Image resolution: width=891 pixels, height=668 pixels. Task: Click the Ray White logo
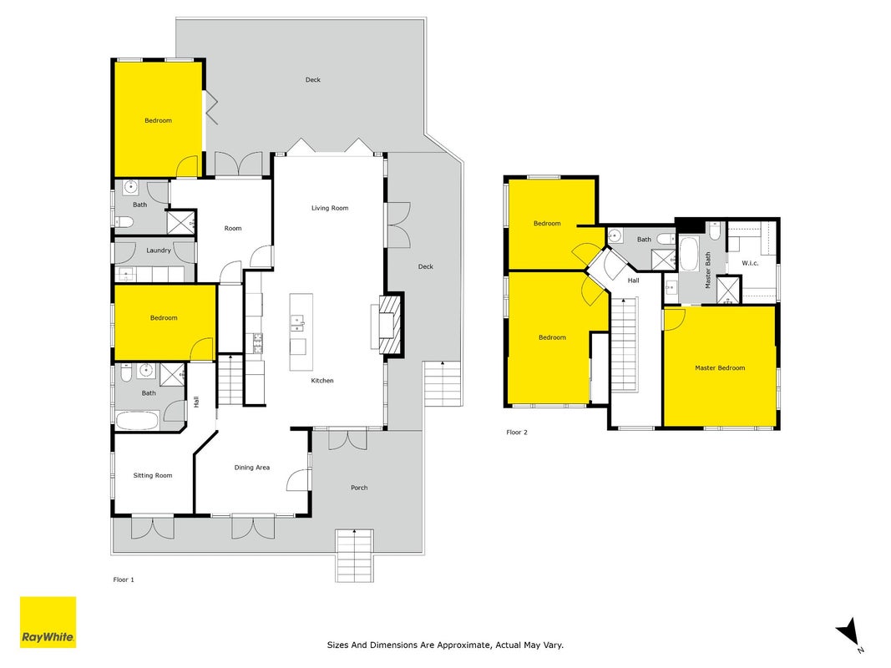coord(48,622)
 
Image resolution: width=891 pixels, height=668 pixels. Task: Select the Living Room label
coord(330,208)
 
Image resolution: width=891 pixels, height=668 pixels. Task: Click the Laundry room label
coord(159,250)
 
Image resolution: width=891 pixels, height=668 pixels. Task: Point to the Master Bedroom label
coord(720,368)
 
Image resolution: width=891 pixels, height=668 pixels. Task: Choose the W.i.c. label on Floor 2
coord(750,263)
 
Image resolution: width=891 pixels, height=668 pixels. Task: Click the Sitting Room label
coord(153,475)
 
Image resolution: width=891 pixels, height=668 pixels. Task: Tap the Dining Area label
coord(251,468)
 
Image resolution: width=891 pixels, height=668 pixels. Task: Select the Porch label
coord(359,488)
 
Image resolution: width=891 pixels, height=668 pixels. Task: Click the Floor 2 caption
coord(517,433)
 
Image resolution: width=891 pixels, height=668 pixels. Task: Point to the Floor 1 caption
coord(124,580)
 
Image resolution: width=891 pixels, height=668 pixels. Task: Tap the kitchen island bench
coord(301,332)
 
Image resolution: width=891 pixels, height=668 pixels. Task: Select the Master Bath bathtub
coord(689,254)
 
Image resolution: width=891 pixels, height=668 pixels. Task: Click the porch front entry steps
coord(355,555)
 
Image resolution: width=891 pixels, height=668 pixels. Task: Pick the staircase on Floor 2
coord(625,345)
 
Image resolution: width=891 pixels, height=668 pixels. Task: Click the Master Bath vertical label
coord(708,271)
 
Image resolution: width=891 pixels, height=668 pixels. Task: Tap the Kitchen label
coord(322,381)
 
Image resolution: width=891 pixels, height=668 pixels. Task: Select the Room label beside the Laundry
coord(233,228)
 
